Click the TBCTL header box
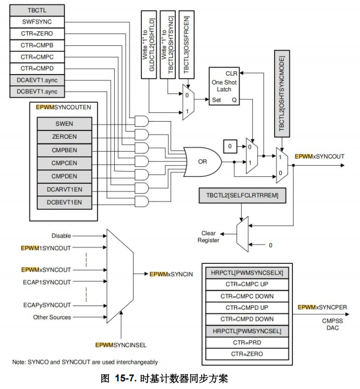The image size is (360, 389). point(38,10)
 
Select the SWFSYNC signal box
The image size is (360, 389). point(38,22)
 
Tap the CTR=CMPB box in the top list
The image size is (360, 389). point(38,45)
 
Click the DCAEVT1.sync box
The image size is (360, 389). point(38,79)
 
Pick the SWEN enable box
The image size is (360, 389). point(64,123)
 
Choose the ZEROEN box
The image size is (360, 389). point(64,136)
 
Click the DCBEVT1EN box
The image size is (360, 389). point(64,202)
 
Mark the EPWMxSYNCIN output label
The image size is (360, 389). point(171,274)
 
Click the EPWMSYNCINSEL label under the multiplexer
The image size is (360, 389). point(121,343)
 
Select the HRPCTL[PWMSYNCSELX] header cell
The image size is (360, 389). point(247,272)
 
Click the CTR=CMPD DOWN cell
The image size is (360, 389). point(247,319)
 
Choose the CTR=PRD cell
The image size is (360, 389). point(247,343)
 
